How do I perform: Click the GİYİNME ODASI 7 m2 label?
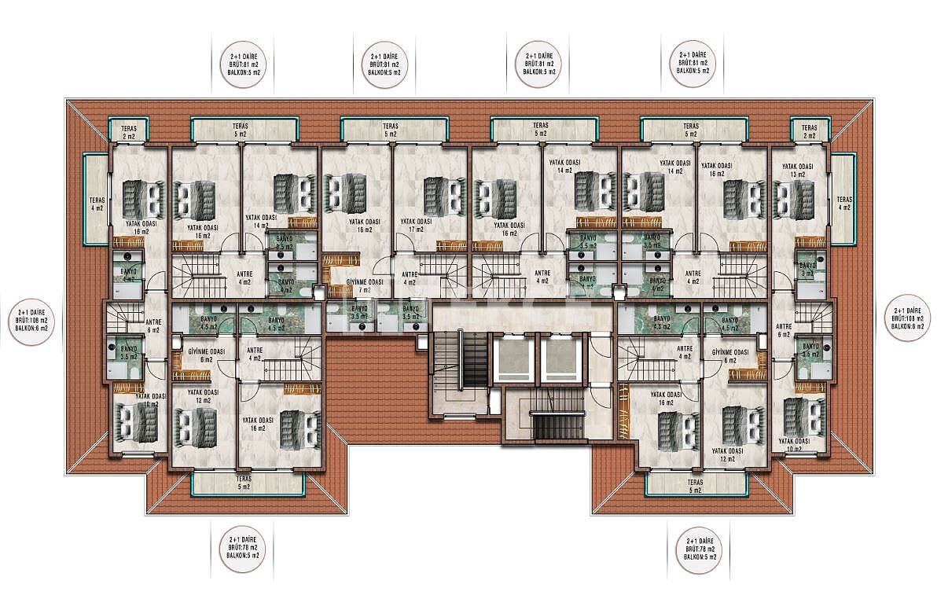click(365, 285)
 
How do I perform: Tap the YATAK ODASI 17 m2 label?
click(414, 226)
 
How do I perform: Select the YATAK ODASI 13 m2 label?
click(799, 171)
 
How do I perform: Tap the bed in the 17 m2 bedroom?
click(433, 196)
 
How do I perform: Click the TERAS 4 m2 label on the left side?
click(97, 204)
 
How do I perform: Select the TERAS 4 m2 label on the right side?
click(844, 203)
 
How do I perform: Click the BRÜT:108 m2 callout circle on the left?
click(31, 320)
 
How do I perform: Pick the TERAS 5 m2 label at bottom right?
click(695, 486)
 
